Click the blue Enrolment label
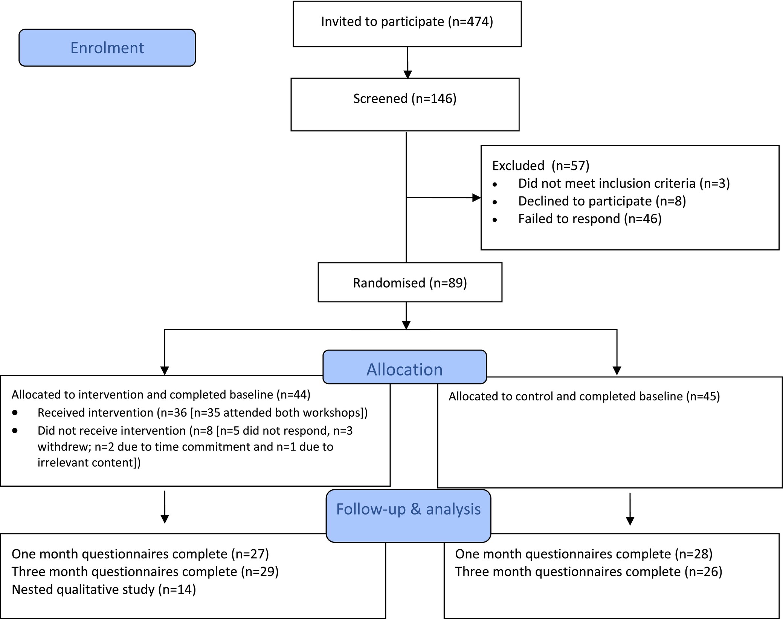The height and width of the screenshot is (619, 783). [x=107, y=48]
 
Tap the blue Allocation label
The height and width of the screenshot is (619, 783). [x=404, y=367]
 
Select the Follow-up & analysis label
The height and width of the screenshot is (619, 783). [x=408, y=516]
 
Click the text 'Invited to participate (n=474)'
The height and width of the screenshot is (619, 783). [x=407, y=22]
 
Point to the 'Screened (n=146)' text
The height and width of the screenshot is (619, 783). [x=405, y=99]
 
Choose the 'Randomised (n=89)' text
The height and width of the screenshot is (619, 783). [x=410, y=283]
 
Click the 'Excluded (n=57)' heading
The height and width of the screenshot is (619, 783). [x=541, y=166]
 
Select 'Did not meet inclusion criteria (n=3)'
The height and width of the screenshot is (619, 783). [x=624, y=184]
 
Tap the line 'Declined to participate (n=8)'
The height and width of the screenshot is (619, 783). [x=602, y=201]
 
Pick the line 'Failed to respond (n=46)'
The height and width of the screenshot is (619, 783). [x=590, y=219]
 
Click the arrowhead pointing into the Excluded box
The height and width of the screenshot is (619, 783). [x=476, y=198]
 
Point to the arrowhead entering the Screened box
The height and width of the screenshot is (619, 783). [x=408, y=74]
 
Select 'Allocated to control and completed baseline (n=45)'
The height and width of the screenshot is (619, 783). [x=584, y=396]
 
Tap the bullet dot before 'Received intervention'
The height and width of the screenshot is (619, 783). [x=15, y=413]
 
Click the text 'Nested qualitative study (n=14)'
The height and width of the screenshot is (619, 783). [x=104, y=590]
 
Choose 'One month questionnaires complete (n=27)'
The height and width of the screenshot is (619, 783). [x=140, y=554]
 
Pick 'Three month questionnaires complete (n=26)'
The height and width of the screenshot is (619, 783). [x=589, y=572]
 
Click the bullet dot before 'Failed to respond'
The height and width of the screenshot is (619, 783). [x=495, y=220]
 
